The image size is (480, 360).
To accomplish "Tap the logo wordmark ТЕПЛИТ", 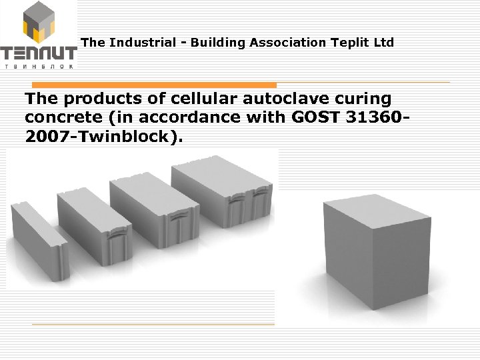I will coord(39,53).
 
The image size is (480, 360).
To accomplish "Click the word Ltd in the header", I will coord(385,43).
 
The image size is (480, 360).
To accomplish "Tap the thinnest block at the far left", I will coord(39,240).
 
